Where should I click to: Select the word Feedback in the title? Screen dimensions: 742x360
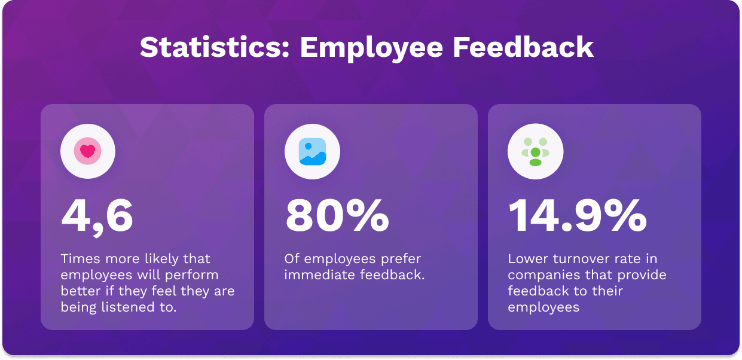523,47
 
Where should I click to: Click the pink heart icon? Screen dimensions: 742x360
88,151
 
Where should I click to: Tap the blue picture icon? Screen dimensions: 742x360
312,151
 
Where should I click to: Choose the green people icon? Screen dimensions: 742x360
535,152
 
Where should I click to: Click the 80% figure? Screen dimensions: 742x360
337,216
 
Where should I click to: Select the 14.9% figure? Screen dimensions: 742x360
578,216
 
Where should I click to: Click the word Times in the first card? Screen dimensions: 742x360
80,259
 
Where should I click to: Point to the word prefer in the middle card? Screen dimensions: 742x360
401,260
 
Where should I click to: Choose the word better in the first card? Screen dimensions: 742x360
81,291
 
